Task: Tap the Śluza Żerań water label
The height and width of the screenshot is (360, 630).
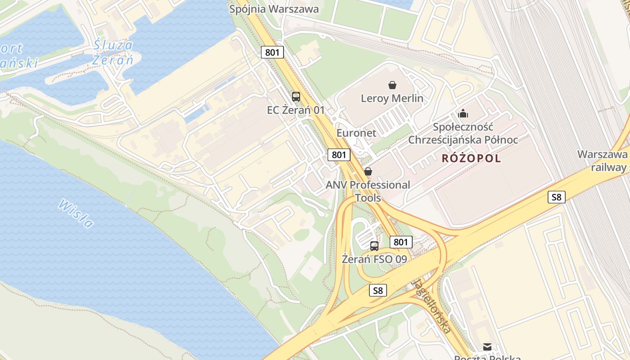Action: (113, 52)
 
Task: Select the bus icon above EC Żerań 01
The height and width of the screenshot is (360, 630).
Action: (296, 96)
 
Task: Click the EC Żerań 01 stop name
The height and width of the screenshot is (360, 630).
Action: (296, 110)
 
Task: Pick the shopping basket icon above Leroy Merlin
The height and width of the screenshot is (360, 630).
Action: (392, 85)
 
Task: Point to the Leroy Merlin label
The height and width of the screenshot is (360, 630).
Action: (392, 98)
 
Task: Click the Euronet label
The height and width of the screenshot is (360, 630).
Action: (356, 133)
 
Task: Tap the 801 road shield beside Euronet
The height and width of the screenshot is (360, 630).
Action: (339, 155)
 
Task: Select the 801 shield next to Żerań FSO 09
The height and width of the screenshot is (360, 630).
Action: (400, 242)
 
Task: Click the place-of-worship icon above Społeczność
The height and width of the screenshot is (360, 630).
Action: (463, 113)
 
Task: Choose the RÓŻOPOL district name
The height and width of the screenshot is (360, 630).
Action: (471, 158)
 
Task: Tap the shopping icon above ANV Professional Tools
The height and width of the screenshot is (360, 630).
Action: (368, 171)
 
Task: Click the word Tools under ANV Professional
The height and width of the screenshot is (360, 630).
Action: (368, 198)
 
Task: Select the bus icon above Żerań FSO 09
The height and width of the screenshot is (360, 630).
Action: (374, 246)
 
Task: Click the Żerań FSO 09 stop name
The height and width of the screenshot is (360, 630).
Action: (374, 259)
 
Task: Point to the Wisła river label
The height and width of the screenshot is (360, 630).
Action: (76, 213)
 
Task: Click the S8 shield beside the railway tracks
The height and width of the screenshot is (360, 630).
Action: (557, 197)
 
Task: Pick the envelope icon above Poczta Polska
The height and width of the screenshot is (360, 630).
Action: (487, 346)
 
